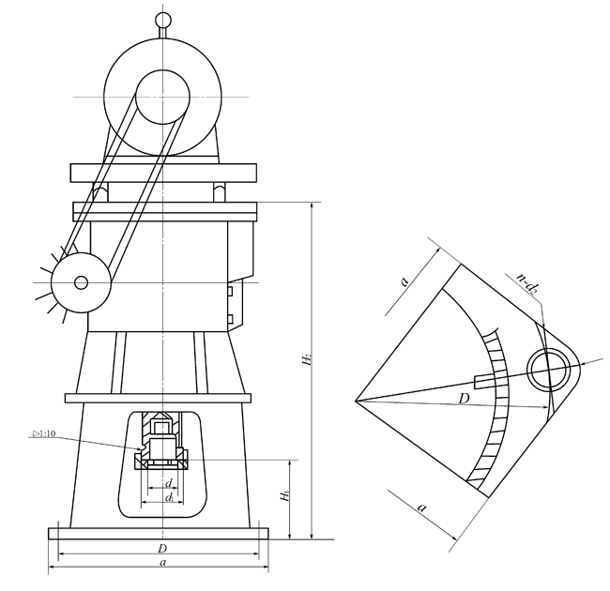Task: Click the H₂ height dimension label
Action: [307, 359]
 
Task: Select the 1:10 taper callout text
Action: [44, 433]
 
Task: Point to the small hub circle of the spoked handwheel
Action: [81, 282]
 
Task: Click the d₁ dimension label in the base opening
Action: [169, 497]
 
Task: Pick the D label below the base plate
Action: [162, 549]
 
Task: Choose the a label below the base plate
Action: [163, 562]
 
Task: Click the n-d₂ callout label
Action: [527, 282]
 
